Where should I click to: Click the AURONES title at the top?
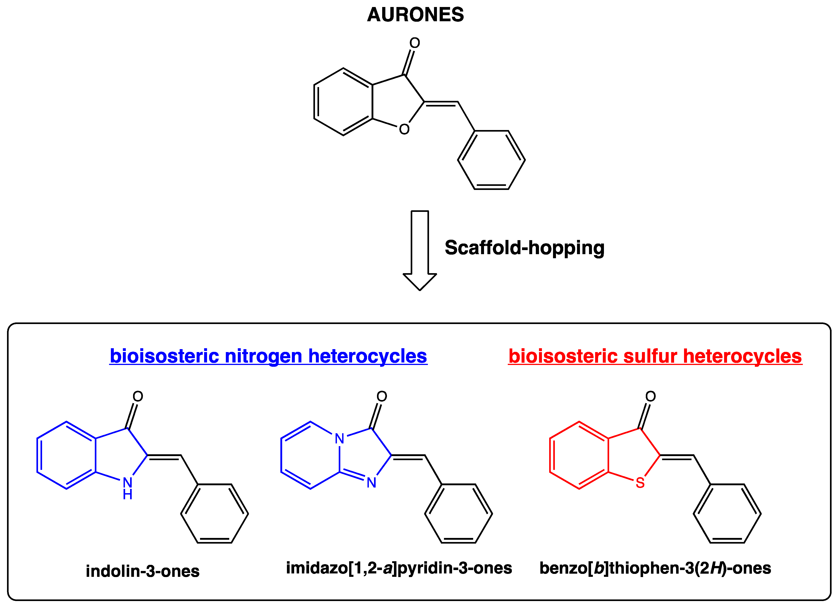click(x=415, y=15)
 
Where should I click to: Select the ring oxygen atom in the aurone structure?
click(x=404, y=129)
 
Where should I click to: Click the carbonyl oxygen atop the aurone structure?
click(x=415, y=43)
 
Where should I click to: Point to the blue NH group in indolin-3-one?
click(x=128, y=488)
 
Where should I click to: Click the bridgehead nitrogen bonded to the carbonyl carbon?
click(x=339, y=438)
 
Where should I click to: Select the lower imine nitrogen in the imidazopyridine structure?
click(x=371, y=483)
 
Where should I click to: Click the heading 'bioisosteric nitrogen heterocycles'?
click(x=268, y=356)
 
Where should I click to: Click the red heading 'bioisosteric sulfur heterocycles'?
click(x=655, y=356)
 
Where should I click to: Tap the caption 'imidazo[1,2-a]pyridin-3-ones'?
click(x=399, y=568)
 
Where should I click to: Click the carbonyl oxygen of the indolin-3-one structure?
click(x=138, y=396)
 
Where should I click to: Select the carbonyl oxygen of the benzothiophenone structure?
click(x=650, y=396)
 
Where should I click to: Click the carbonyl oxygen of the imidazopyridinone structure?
click(x=382, y=396)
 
